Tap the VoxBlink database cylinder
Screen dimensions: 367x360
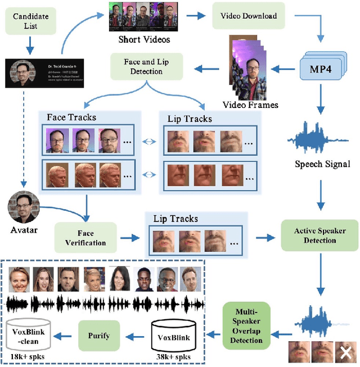point(173,336)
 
